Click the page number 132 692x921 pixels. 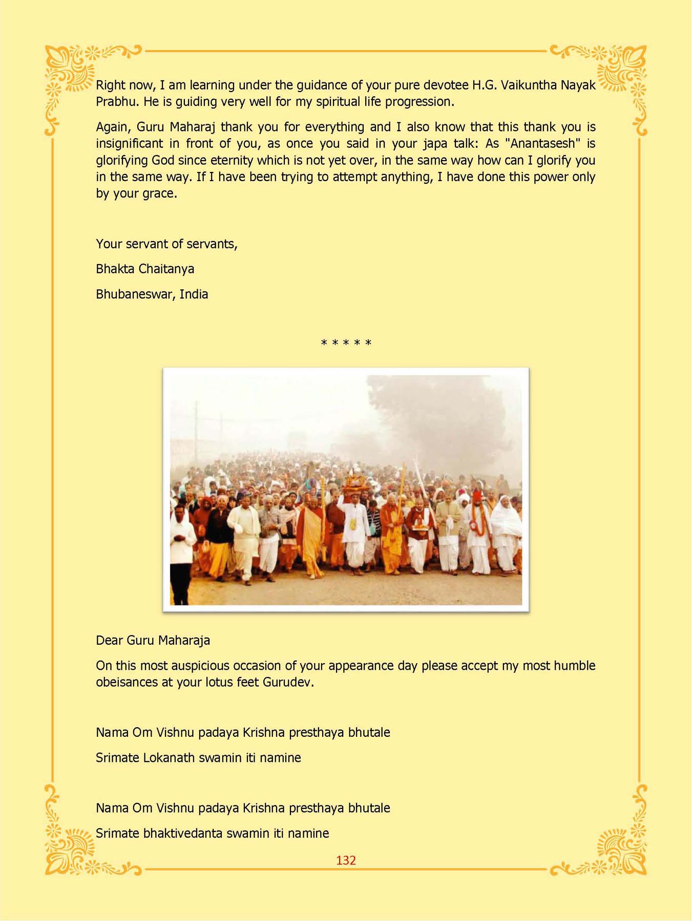tap(346, 860)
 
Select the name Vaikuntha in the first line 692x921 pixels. tap(528, 85)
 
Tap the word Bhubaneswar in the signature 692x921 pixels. tap(135, 294)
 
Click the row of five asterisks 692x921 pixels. tap(346, 343)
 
